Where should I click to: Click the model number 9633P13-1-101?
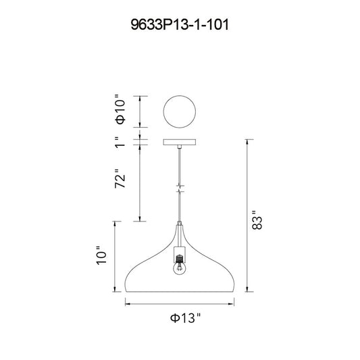[x=180, y=24]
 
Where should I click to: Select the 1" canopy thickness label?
[x=120, y=142]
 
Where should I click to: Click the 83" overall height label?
[x=257, y=220]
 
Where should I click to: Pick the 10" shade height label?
[x=101, y=255]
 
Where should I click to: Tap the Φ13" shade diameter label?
[x=185, y=318]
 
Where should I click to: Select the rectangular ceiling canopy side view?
[x=180, y=142]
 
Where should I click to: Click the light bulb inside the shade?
[x=180, y=268]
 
